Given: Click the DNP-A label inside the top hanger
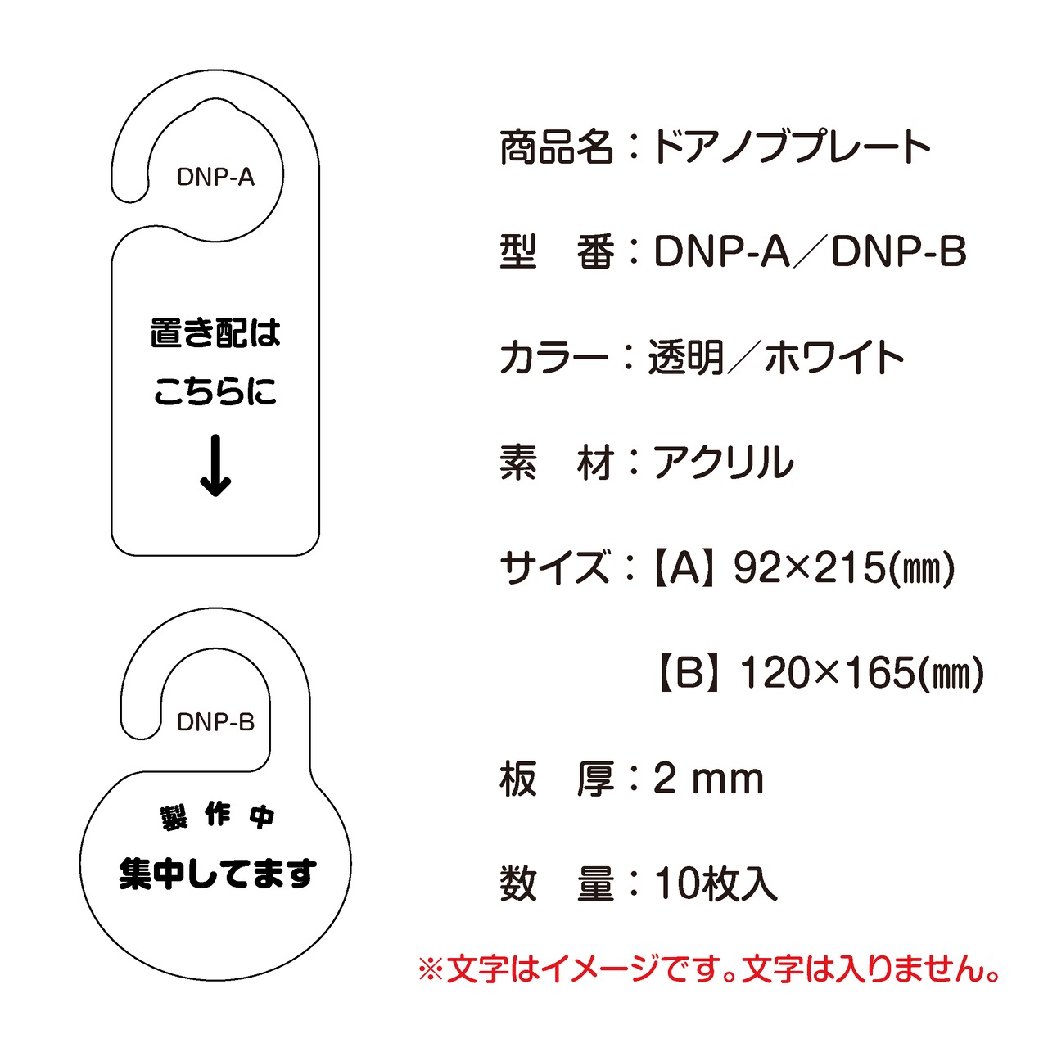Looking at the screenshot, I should (215, 177).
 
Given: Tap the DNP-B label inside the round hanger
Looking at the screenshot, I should (215, 722).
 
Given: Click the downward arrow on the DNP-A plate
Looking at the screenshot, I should (215, 466).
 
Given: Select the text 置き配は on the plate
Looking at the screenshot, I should (215, 333).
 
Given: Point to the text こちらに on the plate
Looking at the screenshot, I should (215, 391).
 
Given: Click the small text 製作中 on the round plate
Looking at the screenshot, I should (217, 816).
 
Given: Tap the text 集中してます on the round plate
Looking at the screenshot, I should (217, 874).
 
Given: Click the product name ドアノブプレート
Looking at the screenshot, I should (791, 147).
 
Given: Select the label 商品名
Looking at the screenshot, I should (556, 147).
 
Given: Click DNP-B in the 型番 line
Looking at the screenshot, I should (899, 252).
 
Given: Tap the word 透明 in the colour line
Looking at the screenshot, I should (686, 358).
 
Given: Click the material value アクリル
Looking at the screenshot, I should (723, 463).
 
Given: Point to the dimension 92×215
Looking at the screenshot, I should (809, 568).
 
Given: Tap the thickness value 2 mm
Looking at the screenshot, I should (708, 779).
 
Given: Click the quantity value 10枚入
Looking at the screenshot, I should (716, 884).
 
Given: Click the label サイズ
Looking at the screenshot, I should (554, 568).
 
